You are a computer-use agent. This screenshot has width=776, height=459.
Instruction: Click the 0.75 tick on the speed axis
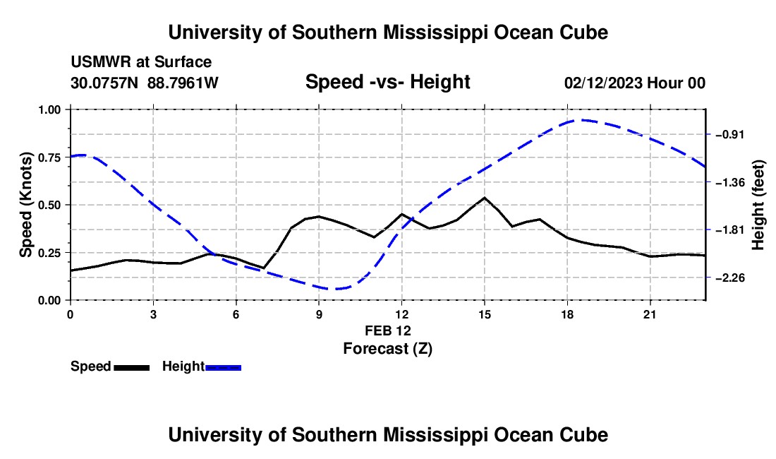click(x=49, y=157)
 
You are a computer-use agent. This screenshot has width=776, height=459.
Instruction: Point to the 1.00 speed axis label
click(x=49, y=109)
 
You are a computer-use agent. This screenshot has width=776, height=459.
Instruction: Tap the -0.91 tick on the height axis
click(x=730, y=135)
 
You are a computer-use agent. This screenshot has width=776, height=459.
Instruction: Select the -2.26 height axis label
click(x=730, y=278)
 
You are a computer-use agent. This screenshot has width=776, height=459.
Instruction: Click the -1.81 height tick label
click(x=730, y=229)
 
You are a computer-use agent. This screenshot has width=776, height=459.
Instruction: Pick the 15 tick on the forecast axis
click(x=485, y=314)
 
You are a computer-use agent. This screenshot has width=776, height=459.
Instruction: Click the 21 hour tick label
click(x=650, y=314)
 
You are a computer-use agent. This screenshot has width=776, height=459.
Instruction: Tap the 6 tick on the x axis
click(x=236, y=314)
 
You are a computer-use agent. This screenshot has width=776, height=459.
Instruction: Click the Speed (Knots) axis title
click(x=25, y=205)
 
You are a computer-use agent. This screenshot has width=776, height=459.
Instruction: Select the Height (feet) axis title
click(x=758, y=205)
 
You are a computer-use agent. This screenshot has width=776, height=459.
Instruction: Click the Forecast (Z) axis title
click(x=387, y=349)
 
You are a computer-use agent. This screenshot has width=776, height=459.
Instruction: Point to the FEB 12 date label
click(x=388, y=330)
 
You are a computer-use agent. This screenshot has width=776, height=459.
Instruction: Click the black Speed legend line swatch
click(x=132, y=367)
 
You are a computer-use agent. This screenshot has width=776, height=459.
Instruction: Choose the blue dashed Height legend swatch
click(x=223, y=367)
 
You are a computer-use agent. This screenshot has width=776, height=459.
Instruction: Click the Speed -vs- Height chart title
click(x=387, y=82)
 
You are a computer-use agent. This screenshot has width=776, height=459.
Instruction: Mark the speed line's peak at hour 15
click(x=485, y=198)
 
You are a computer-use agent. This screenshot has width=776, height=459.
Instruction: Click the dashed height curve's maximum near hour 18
click(x=583, y=120)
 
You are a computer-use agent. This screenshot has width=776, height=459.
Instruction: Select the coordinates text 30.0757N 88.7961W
click(x=145, y=83)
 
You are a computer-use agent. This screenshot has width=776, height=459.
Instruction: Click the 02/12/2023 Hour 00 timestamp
click(x=635, y=83)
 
